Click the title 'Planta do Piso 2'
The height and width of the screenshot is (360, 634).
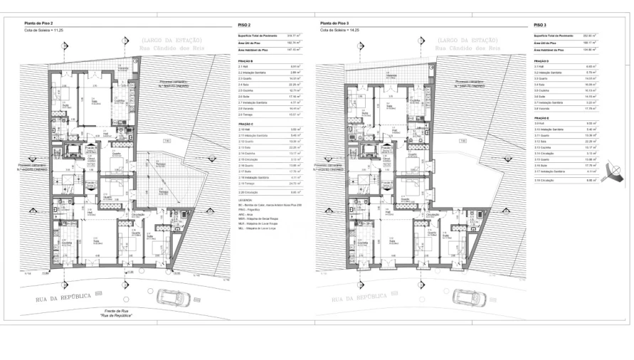(x=40, y=23)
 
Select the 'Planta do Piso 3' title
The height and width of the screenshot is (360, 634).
(x=336, y=23)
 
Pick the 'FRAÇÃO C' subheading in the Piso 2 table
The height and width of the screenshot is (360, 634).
(x=247, y=123)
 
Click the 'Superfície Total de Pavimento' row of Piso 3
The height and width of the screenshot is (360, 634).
(x=555, y=36)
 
